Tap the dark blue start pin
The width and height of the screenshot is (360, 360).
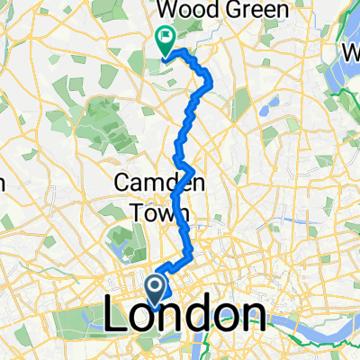pyautogui.click(x=155, y=290)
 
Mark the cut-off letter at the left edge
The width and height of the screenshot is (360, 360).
pyautogui.click(x=3, y=182)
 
